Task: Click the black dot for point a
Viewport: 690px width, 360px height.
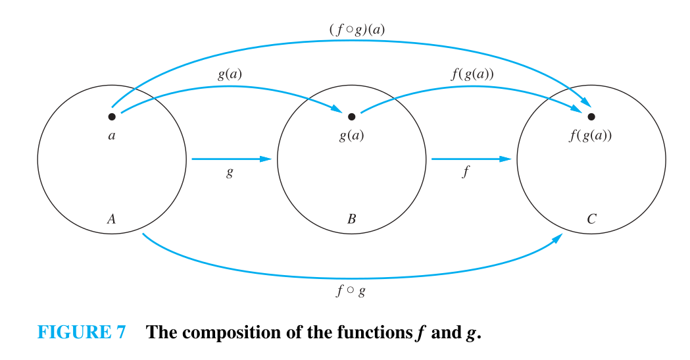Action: pyautogui.click(x=112, y=116)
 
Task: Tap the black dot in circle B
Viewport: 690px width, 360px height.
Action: pyautogui.click(x=351, y=116)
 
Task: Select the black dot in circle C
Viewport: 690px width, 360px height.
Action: pyautogui.click(x=591, y=116)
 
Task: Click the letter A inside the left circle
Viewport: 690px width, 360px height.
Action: pyautogui.click(x=111, y=219)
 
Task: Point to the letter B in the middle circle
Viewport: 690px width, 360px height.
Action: pyautogui.click(x=351, y=219)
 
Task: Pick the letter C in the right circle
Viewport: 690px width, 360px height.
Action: pyautogui.click(x=591, y=219)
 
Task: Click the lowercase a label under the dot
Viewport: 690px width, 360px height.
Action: pyautogui.click(x=111, y=136)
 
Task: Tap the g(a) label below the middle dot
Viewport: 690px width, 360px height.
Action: pyautogui.click(x=351, y=137)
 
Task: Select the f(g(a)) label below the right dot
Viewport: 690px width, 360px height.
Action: pyautogui.click(x=591, y=137)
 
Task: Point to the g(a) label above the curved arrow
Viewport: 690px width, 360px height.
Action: pyautogui.click(x=230, y=74)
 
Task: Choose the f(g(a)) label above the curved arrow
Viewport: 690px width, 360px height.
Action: pyautogui.click(x=472, y=74)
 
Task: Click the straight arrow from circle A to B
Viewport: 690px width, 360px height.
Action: pyautogui.click(x=231, y=159)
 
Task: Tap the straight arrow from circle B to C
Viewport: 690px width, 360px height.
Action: pyautogui.click(x=471, y=159)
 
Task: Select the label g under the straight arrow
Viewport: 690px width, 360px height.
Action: pyautogui.click(x=230, y=174)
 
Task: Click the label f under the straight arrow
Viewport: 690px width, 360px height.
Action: pyautogui.click(x=465, y=174)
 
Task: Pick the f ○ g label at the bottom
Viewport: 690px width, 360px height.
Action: pyautogui.click(x=351, y=290)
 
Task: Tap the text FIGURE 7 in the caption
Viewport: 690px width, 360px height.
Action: pyautogui.click(x=81, y=332)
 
